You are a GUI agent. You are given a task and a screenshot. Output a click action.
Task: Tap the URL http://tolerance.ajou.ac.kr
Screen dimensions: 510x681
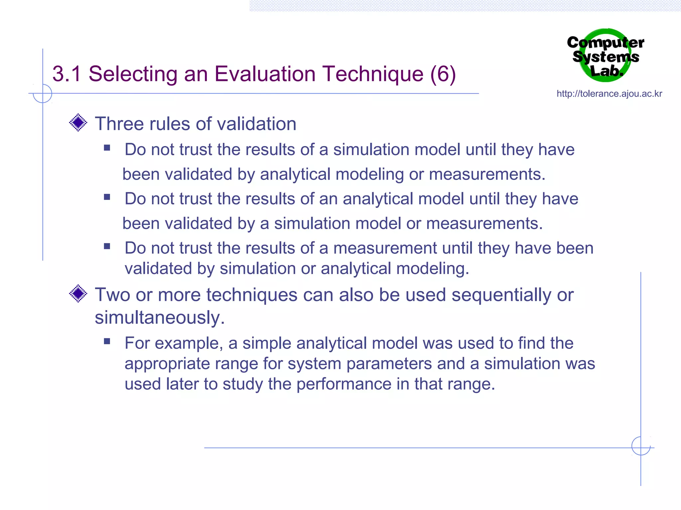[x=609, y=94]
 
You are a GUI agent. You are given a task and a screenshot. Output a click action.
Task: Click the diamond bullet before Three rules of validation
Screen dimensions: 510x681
[x=78, y=123]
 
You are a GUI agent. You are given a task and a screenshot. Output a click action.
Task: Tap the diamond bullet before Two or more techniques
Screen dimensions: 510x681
[x=78, y=294]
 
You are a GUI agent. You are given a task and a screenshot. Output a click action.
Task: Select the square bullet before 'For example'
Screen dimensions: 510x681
[x=107, y=341]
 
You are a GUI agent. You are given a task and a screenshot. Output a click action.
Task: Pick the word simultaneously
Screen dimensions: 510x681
[x=160, y=317]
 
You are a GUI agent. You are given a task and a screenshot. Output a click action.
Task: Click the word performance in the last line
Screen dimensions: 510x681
[x=344, y=384]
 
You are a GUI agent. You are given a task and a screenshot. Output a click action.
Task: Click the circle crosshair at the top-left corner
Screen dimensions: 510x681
[x=43, y=93]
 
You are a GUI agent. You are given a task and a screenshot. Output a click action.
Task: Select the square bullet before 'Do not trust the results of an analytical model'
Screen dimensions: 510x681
[x=107, y=197]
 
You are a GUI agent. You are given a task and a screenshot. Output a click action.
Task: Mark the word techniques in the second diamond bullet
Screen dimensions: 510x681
[x=252, y=295]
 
